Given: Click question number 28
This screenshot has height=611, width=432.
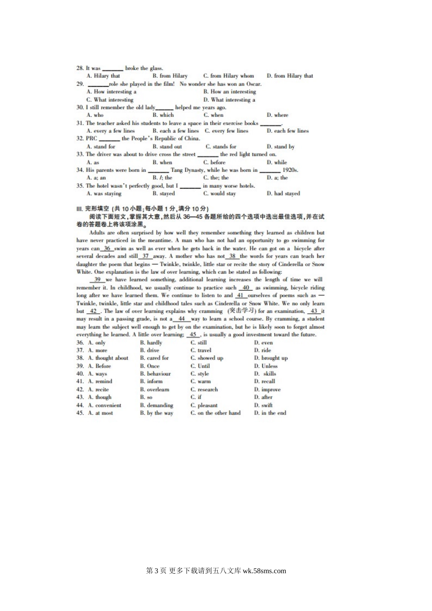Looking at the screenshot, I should coord(80,68).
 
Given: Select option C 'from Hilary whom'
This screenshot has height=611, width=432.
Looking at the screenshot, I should coord(228,76).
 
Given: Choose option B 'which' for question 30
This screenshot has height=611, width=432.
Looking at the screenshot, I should coord(163,115).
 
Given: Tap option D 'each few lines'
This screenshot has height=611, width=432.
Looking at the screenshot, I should coord(287,131).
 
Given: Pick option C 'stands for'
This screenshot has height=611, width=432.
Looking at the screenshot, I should coord(221,147).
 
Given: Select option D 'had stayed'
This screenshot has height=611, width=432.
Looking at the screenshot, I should coord(283,194).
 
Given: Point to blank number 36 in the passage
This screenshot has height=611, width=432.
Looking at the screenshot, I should coord(107,249).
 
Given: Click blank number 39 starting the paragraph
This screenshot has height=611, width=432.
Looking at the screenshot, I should coord(97,280).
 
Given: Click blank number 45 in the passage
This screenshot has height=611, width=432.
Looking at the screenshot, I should coord(193,335).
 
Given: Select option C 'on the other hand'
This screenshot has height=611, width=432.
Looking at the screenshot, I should coord(215,413).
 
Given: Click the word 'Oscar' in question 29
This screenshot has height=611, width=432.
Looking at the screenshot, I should coord(253,84).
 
